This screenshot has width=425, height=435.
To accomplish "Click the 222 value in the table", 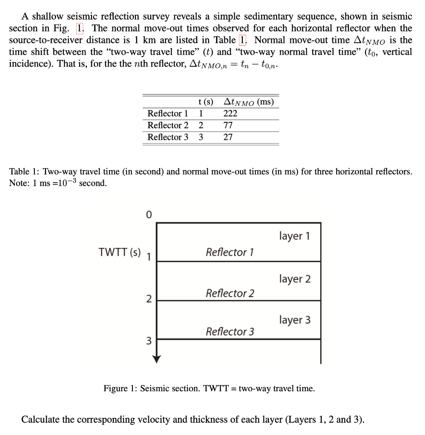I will click(x=230, y=113).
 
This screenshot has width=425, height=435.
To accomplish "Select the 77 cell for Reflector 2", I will click(x=228, y=125).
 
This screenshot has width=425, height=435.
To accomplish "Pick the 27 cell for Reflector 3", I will click(x=228, y=137).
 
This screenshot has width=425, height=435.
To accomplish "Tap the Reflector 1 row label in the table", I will click(x=168, y=113).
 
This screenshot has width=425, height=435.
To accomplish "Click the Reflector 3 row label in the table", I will click(x=168, y=137).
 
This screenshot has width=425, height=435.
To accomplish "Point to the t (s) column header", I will click(x=205, y=102).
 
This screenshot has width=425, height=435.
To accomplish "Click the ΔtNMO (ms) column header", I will click(x=248, y=102).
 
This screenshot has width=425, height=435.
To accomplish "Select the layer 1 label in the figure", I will click(x=295, y=236).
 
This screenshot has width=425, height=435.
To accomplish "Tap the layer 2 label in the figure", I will click(x=295, y=279).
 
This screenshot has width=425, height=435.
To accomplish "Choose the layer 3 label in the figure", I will click(x=295, y=319).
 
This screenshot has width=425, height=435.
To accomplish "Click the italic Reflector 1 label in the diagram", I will click(x=230, y=252).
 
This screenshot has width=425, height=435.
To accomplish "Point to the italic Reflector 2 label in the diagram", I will click(x=230, y=293).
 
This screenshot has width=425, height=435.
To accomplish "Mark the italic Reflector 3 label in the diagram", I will click(x=230, y=332).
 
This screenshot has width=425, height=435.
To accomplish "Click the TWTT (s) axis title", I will click(x=119, y=252).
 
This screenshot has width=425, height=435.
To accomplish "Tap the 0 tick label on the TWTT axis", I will click(x=148, y=215).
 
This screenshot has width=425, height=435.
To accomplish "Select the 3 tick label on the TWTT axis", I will click(x=148, y=340).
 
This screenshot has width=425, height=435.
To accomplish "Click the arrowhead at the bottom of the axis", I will click(x=157, y=359).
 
